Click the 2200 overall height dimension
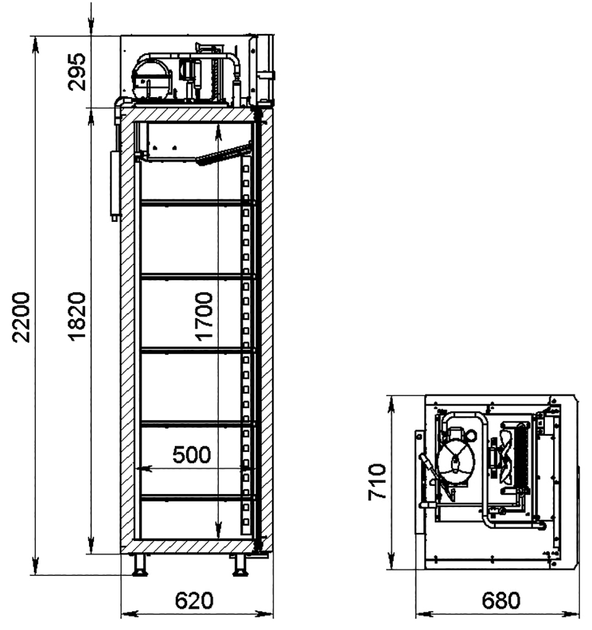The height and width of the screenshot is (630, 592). [x=21, y=317]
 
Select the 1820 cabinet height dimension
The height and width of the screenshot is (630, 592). [x=76, y=317]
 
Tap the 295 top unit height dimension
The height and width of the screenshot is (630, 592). [x=76, y=71]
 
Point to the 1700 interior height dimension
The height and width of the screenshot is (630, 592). [x=204, y=317]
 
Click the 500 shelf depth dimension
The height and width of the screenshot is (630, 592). [x=192, y=455]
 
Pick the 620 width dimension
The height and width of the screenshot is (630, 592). [x=194, y=601]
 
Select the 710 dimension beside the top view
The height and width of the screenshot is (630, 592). [x=376, y=482]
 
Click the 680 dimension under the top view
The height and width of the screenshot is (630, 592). [x=501, y=601]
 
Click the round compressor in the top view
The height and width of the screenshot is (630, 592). [x=455, y=463]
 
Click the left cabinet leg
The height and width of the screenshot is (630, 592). [x=140, y=565]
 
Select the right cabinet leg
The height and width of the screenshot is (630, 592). [x=240, y=565]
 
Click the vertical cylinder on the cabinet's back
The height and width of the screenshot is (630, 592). [x=115, y=185]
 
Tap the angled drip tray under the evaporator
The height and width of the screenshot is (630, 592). [x=223, y=155]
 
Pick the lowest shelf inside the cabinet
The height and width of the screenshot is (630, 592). [x=197, y=497]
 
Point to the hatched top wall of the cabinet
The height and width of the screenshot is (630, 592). [x=189, y=115]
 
